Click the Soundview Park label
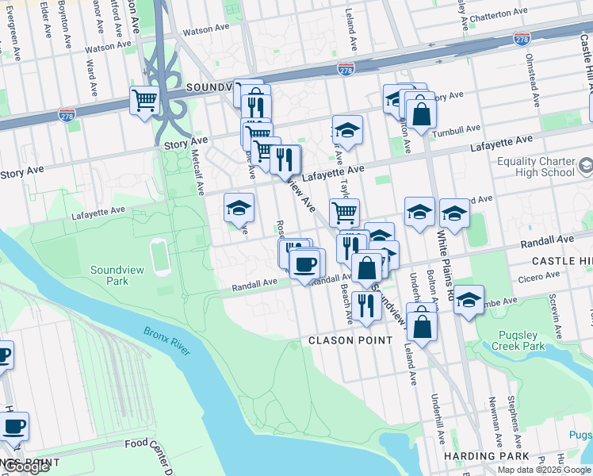click(x=117, y=275)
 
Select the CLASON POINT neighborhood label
click(x=350, y=340)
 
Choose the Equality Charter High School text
click(x=535, y=167)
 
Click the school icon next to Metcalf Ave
click(x=239, y=208)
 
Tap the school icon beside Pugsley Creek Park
click(x=469, y=300)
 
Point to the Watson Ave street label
click(x=205, y=31)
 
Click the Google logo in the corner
click(x=26, y=467)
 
